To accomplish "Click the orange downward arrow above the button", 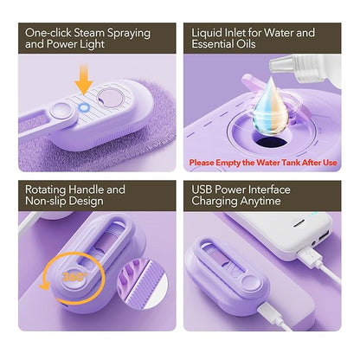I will [83, 87].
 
